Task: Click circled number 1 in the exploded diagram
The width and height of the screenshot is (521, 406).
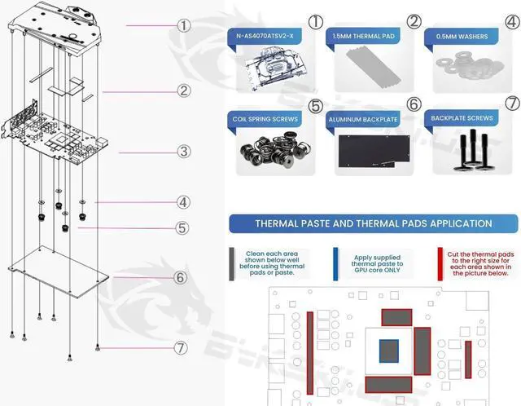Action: pyautogui.click(x=184, y=25)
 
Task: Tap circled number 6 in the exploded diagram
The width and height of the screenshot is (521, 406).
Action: pyautogui.click(x=181, y=277)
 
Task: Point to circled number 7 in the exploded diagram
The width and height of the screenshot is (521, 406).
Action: pyautogui.click(x=181, y=348)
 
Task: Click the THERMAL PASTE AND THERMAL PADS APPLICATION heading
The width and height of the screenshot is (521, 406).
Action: pyautogui.click(x=373, y=223)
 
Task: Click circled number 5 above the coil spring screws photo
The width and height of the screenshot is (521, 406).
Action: pyautogui.click(x=315, y=105)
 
